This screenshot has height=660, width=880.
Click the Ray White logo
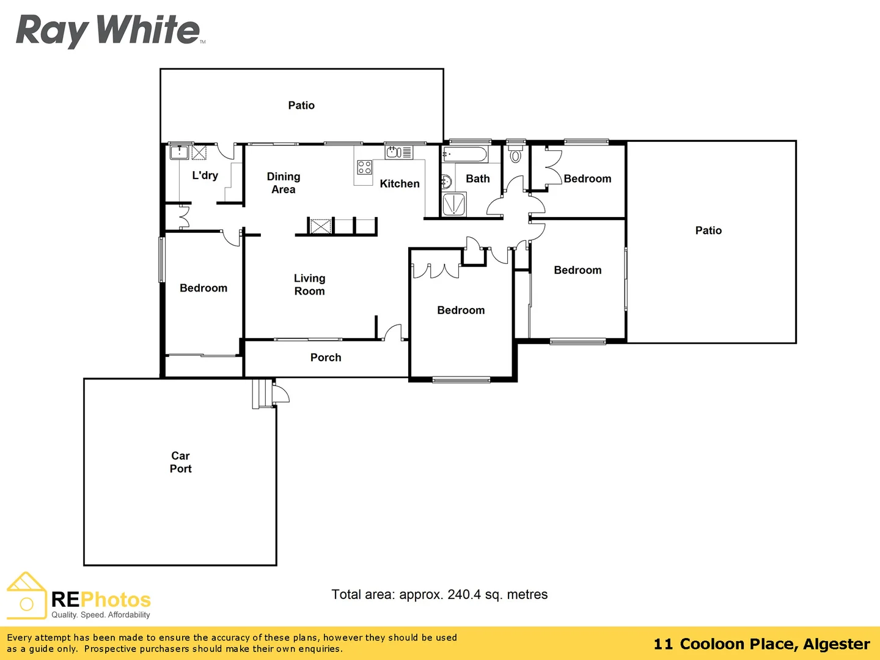pyautogui.click(x=108, y=30)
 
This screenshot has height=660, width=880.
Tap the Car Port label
pyautogui.click(x=180, y=462)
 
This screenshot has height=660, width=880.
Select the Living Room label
pyautogui.click(x=309, y=285)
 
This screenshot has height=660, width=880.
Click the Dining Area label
pyautogui.click(x=284, y=183)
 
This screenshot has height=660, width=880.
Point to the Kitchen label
pyautogui.click(x=400, y=183)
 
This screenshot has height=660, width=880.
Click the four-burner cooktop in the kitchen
pyautogui.click(x=365, y=167)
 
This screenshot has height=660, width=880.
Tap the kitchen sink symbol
pyautogui.click(x=394, y=152)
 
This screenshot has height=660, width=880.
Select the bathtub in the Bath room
pyautogui.click(x=465, y=154)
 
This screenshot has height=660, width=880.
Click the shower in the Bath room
pyautogui.click(x=454, y=205)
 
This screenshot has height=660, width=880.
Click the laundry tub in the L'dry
pyautogui.click(x=179, y=152)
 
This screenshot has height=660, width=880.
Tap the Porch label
pyautogui.click(x=326, y=358)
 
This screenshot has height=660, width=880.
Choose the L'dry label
pyautogui.click(x=205, y=175)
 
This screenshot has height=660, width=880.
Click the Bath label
pyautogui.click(x=478, y=178)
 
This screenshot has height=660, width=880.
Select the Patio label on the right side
pyautogui.click(x=708, y=230)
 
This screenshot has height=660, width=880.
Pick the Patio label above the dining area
pyautogui.click(x=301, y=105)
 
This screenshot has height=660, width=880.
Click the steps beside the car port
pyautogui.click(x=262, y=394)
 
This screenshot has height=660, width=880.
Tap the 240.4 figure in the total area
pyautogui.click(x=464, y=595)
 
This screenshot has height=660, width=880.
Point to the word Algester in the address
pyautogui.click(x=836, y=644)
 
